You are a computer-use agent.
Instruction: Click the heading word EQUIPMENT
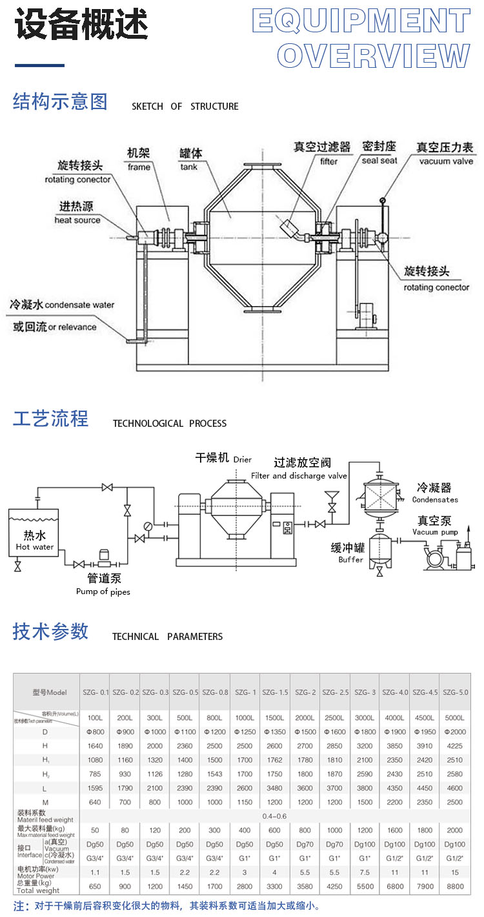point(361,21)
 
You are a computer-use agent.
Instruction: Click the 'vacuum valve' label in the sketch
point(446,161)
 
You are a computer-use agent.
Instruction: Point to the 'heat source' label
point(77,220)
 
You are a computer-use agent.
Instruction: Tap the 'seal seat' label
point(379,161)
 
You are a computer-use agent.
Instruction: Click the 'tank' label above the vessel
point(188,167)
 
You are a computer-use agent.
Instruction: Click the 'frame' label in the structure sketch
point(139,167)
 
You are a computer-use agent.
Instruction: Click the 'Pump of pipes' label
point(103,592)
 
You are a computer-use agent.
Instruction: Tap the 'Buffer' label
point(351,559)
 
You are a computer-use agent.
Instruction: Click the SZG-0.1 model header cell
point(95,692)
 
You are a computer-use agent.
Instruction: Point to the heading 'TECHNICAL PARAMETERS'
point(167,637)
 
